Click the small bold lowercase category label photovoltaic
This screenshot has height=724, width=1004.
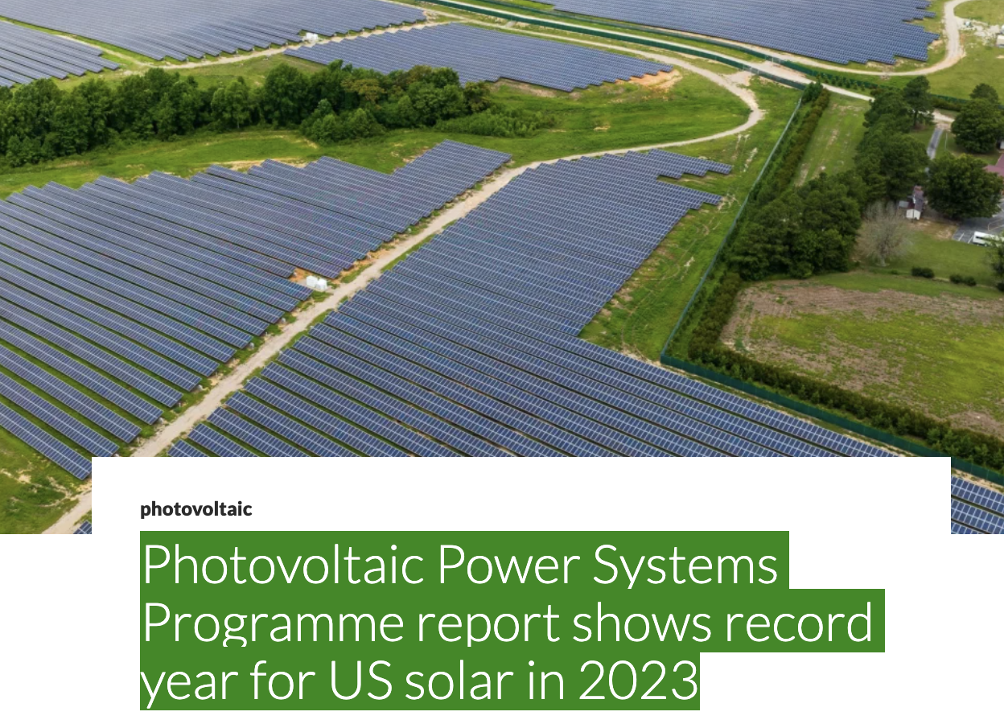pyautogui.click(x=195, y=509)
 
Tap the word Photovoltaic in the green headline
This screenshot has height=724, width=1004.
pyautogui.click(x=282, y=565)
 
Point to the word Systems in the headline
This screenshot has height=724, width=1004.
pyautogui.click(x=686, y=565)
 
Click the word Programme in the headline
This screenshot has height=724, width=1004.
pyautogui.click(x=273, y=623)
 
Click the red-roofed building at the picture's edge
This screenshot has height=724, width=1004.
pyautogui.click(x=998, y=167)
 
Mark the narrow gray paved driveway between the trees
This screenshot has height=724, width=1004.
pyautogui.click(x=935, y=142)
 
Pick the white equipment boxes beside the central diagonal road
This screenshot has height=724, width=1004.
pyautogui.click(x=316, y=282)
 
